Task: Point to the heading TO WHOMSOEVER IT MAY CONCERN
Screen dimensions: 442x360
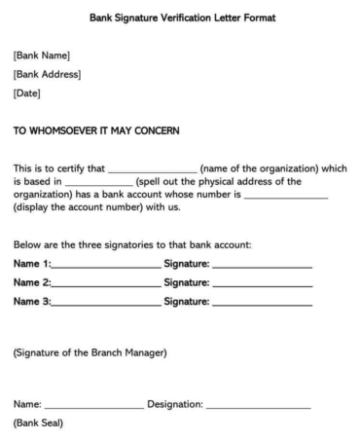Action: point(110,129)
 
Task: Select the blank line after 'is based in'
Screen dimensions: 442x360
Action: point(97,184)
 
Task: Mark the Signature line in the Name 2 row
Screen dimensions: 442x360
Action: point(262,283)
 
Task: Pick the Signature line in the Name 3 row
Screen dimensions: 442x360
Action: point(262,303)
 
